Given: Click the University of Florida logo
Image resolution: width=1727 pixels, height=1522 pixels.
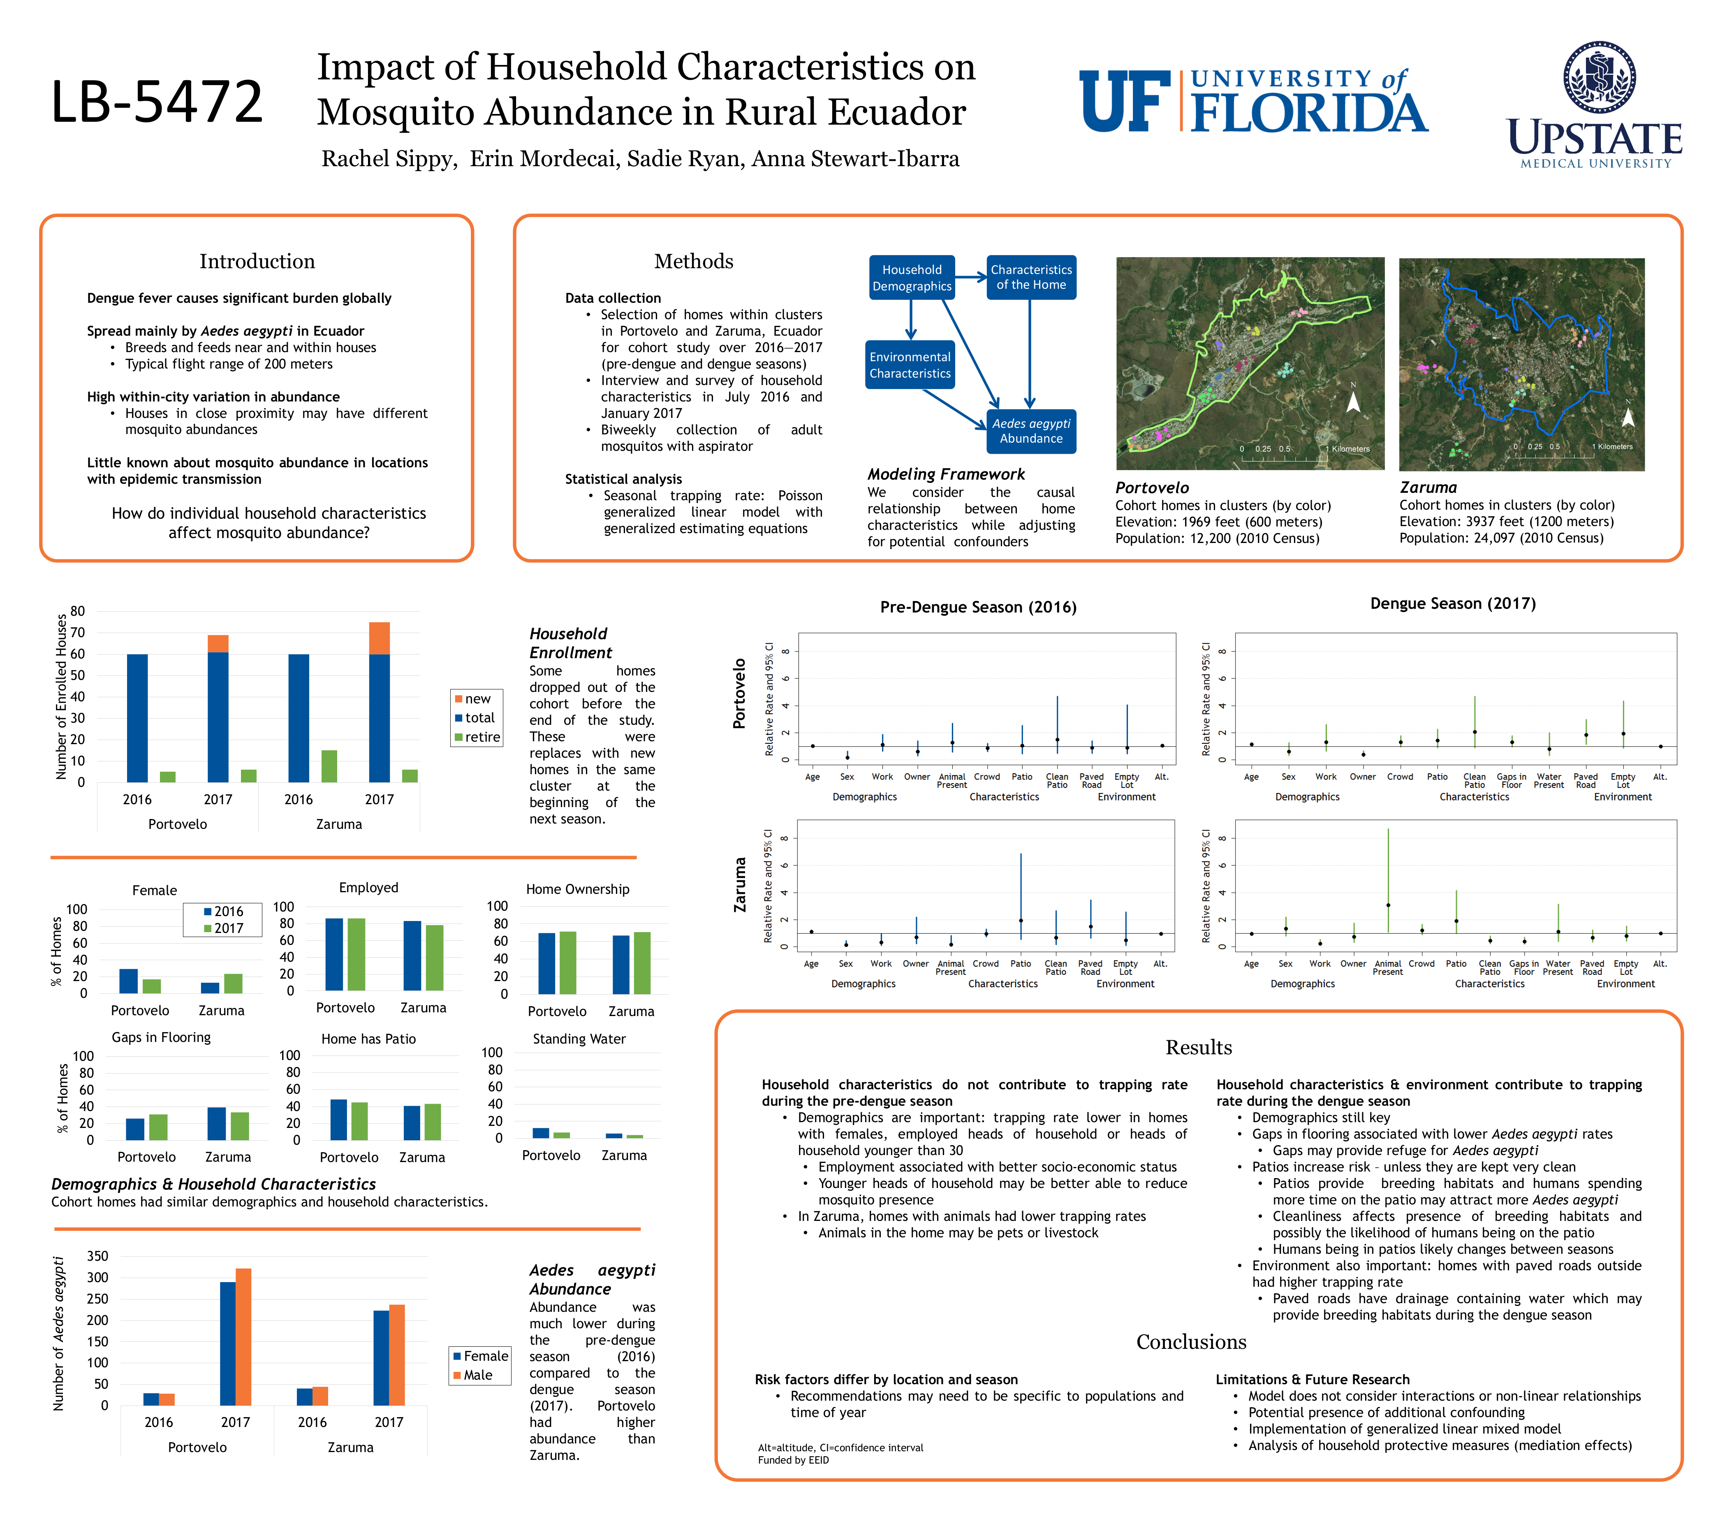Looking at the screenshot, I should click(1253, 102).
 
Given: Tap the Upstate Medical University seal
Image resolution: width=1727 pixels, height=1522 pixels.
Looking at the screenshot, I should click(1598, 77).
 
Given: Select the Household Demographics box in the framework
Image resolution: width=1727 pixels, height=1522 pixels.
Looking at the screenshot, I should click(912, 277).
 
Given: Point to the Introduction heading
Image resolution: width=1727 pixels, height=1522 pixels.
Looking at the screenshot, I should click(257, 261).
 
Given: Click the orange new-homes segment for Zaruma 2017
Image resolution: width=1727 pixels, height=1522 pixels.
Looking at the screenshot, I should click(380, 638).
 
